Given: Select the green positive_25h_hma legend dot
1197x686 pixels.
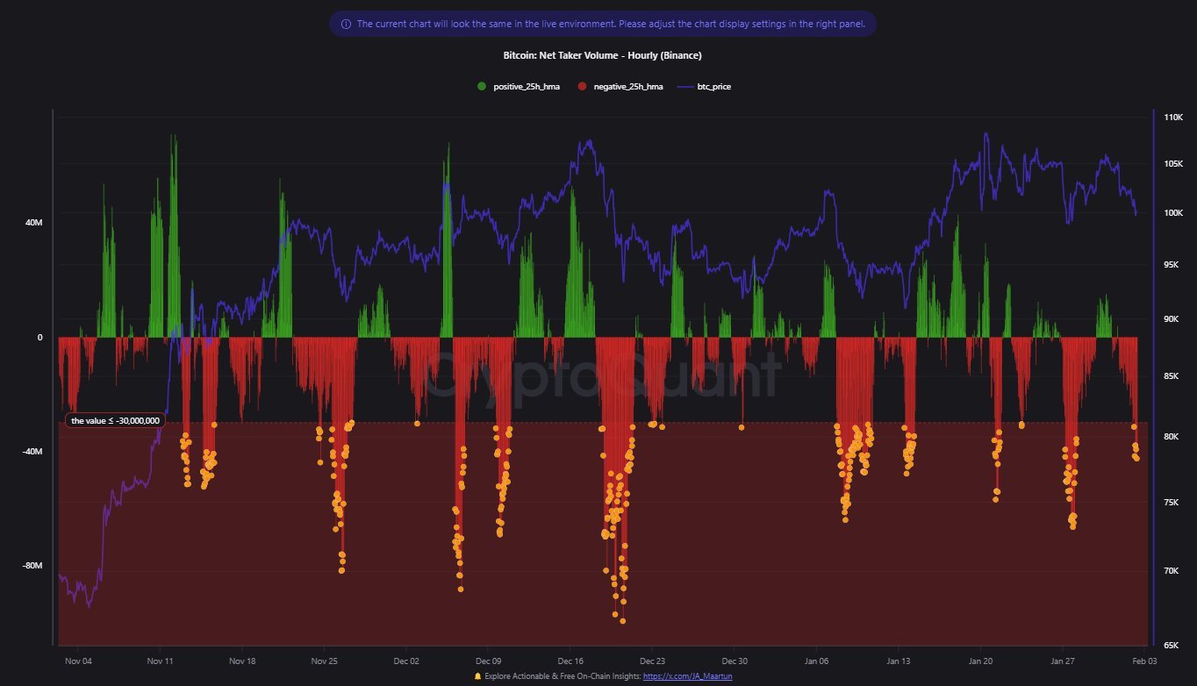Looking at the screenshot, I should coord(482,87).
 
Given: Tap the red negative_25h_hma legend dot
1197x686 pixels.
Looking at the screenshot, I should coord(582,87).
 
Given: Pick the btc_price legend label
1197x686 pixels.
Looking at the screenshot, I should coord(713,87).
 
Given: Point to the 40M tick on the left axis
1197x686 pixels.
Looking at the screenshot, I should coord(32,223).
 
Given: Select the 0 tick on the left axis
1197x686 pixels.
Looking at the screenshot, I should coord(39,338).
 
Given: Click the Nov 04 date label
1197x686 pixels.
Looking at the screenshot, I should coord(79,661).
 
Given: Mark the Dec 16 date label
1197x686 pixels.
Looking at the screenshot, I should coord(570,661).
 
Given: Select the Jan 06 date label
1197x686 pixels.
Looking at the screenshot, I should coord(816,661).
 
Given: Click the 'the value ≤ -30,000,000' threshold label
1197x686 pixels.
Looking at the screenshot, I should coord(115,420).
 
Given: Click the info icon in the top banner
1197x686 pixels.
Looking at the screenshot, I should coord(346,24).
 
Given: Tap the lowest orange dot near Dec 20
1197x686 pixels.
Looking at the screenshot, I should coord(623,621).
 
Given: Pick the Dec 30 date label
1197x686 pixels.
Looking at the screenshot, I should coord(735,661).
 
